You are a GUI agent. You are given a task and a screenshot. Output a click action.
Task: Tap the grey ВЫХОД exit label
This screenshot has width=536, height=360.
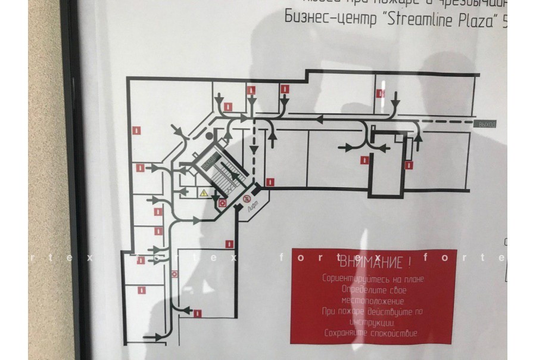[487, 124]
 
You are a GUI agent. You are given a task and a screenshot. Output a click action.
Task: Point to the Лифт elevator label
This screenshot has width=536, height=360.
[251, 206]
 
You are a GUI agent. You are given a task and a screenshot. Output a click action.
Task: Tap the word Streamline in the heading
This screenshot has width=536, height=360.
[414, 19]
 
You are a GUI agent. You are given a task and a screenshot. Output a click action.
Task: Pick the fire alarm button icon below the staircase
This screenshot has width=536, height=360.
[222, 203]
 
